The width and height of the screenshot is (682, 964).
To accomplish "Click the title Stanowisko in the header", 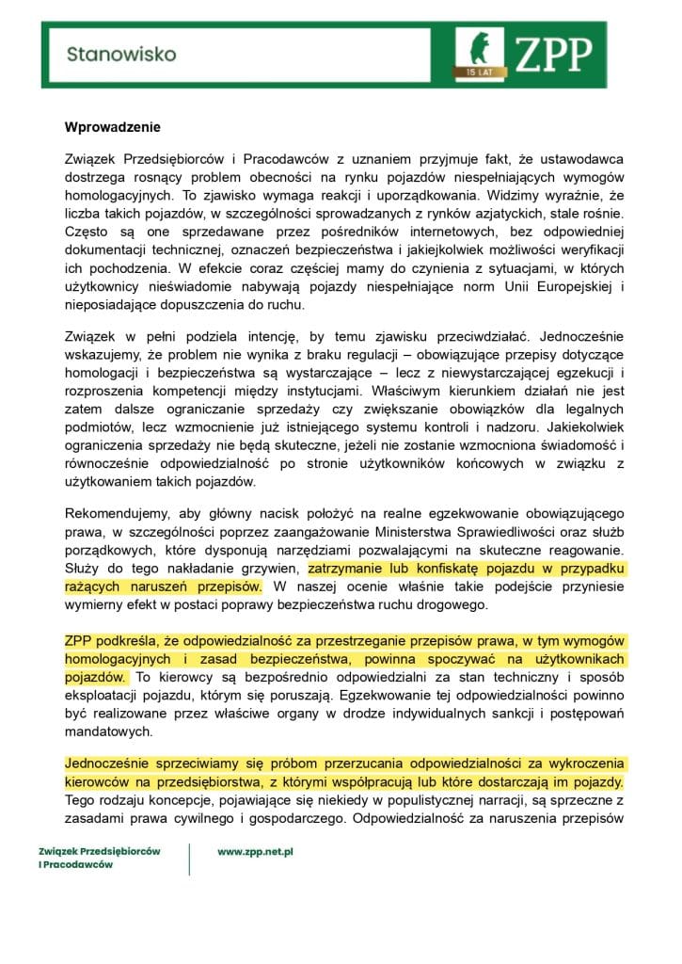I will click(121, 55).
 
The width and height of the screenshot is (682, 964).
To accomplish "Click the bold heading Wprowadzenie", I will click(113, 127).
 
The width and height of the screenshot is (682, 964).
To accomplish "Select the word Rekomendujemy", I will click(115, 514).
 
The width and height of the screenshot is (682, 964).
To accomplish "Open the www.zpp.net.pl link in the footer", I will click(256, 851).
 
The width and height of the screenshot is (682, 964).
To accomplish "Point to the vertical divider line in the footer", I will click(189, 858).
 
